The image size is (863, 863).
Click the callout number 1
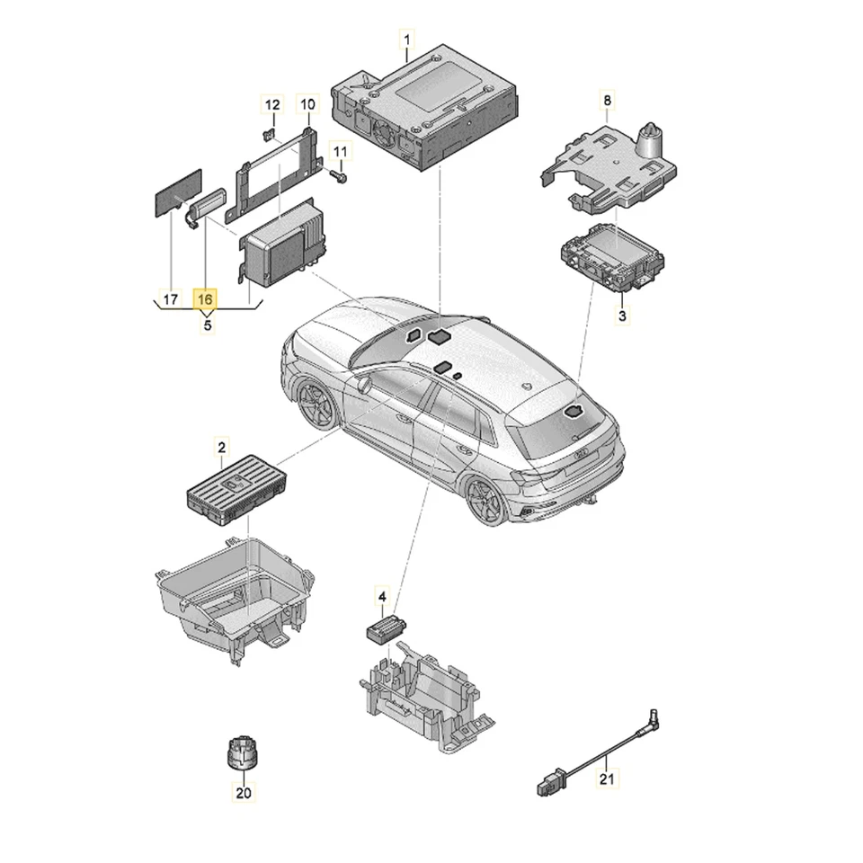tap(406, 40)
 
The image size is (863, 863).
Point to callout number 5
tap(207, 325)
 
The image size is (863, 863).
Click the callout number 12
tap(271, 105)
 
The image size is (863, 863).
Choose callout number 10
tap(307, 105)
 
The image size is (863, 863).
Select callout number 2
tap(221, 445)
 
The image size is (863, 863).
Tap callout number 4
tap(381, 597)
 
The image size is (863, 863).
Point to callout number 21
tap(606, 778)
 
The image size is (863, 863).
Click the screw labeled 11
tap(339, 177)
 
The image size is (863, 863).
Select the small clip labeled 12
tap(267, 135)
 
